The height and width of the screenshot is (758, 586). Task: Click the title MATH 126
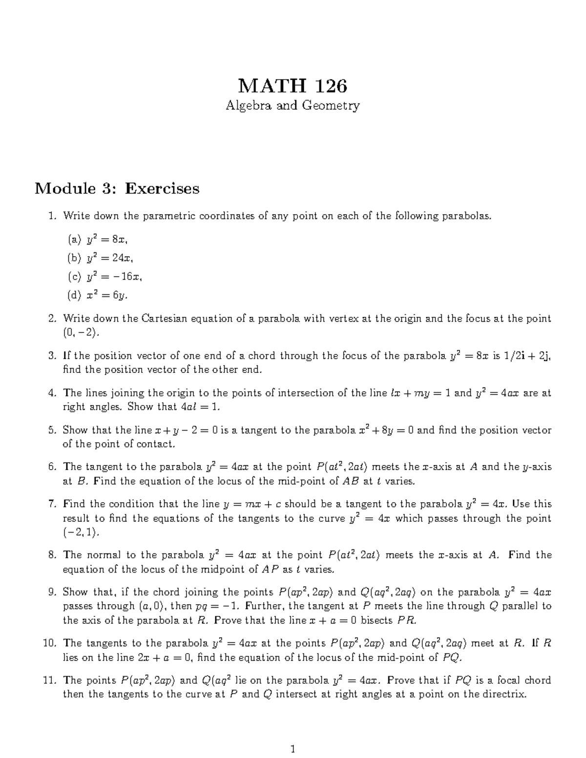pyautogui.click(x=293, y=86)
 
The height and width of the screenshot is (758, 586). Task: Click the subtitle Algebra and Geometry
pyautogui.click(x=293, y=105)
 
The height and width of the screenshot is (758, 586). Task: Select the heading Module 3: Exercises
pyautogui.click(x=117, y=188)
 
